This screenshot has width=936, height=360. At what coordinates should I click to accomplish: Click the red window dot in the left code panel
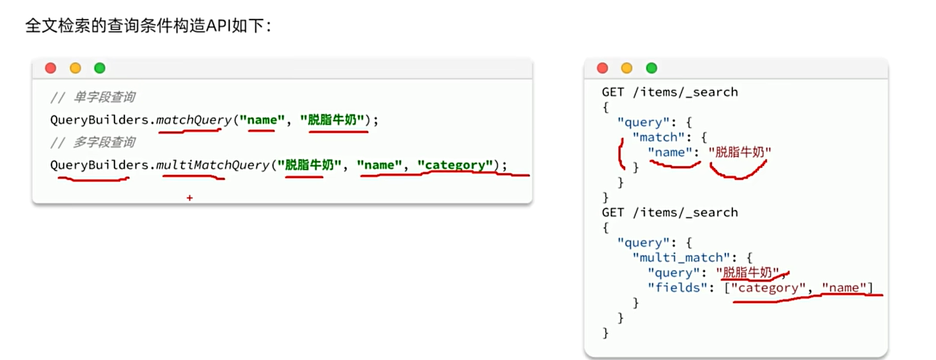click(51, 68)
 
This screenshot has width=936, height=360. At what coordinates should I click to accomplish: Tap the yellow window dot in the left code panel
click(75, 68)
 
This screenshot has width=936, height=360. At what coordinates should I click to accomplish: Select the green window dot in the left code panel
click(100, 68)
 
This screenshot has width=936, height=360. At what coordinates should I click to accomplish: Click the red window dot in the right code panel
click(602, 68)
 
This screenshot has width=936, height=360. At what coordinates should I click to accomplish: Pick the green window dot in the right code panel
click(651, 68)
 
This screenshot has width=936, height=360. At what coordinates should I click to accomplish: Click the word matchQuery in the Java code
click(194, 120)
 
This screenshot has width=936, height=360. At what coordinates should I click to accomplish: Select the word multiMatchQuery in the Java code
click(213, 165)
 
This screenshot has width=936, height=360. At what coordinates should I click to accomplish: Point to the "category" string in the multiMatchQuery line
click(455, 165)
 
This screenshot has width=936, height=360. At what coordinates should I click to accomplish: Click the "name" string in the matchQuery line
click(262, 120)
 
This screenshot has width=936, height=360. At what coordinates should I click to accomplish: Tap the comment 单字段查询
click(104, 97)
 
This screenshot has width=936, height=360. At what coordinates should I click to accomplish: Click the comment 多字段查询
click(104, 142)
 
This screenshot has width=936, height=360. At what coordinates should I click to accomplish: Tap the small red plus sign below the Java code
click(190, 198)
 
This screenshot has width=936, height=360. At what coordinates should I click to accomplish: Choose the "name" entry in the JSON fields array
click(843, 288)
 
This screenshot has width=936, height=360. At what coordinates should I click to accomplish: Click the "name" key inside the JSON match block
click(670, 152)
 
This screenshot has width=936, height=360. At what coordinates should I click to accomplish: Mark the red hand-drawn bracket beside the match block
click(621, 154)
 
